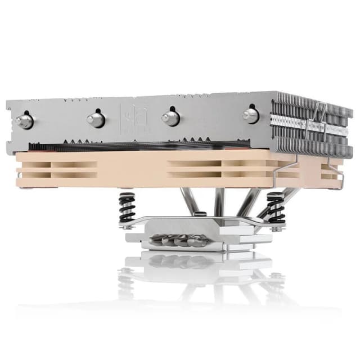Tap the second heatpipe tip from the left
(96, 119)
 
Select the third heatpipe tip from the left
(170, 118)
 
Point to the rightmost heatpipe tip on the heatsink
(250, 115)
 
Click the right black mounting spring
(276, 206)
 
